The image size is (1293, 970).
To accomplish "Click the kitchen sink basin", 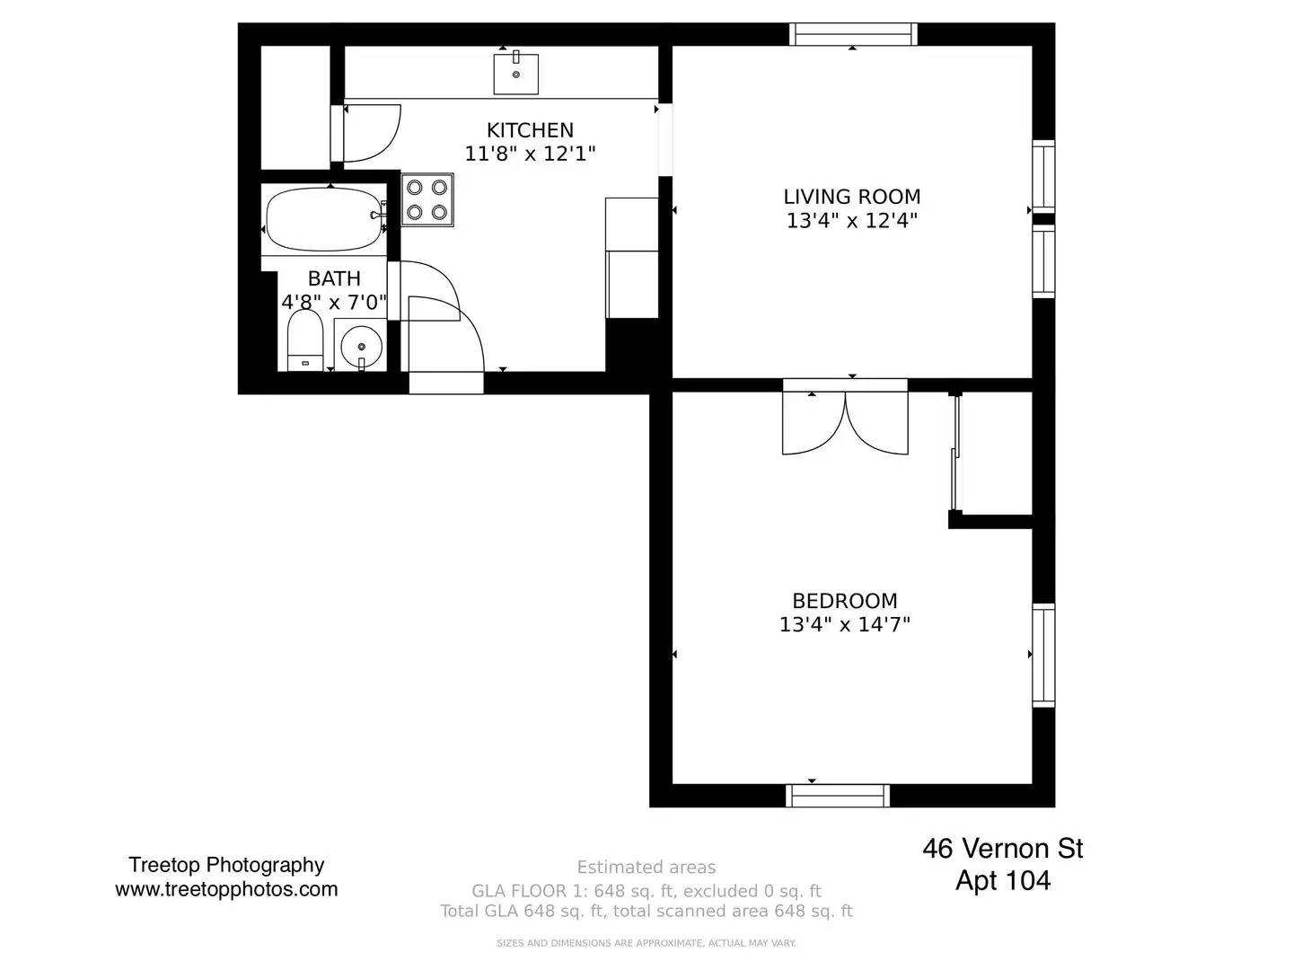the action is point(515,74).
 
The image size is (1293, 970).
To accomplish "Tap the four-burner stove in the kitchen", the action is point(427,199).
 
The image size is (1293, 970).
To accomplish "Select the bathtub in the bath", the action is point(324,220).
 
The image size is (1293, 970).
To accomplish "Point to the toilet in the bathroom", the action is point(305,341).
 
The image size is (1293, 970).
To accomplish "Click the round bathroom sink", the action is point(361,346).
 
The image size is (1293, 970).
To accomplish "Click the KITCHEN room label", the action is point(530,130).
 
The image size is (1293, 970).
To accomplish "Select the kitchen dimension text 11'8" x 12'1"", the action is point(530,154).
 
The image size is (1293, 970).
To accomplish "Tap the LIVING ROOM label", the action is point(852,197).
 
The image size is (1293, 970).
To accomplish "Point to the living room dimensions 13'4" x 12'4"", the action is point(852,221).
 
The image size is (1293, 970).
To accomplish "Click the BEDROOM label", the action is point(845,601).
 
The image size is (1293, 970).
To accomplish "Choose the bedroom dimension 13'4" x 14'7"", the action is point(845,624).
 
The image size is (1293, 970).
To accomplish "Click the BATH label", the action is point(334,278).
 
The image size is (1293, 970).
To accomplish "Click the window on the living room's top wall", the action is point(853,34).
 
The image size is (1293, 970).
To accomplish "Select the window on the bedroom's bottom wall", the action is point(837,796).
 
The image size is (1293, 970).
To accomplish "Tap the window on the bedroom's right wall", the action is point(1043,655).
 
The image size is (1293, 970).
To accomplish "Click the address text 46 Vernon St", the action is point(1003,849).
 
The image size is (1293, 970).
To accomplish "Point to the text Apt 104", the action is point(1003,880).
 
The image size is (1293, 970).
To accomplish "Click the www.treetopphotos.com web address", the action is point(227,889).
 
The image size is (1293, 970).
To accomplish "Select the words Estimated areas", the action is point(646,867).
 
